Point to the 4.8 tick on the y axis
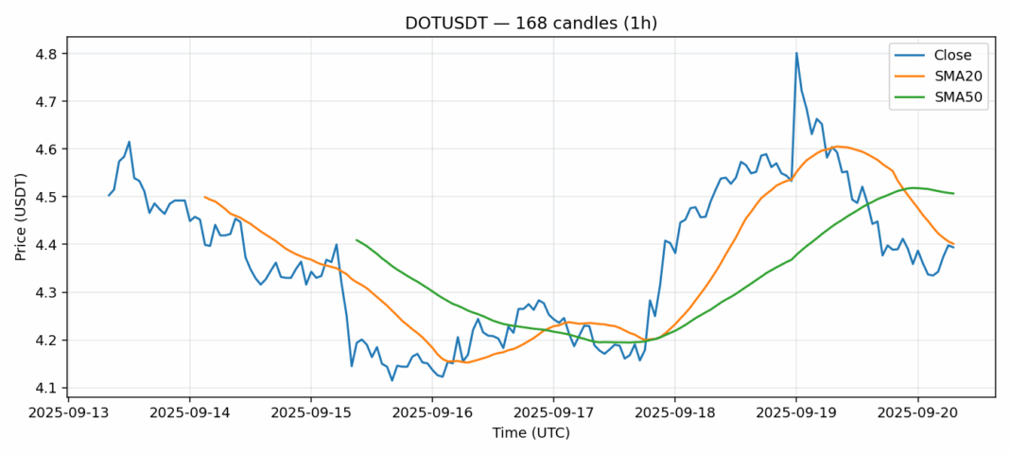click(x=46, y=54)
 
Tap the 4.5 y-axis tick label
click(x=46, y=197)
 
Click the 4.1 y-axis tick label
click(x=46, y=388)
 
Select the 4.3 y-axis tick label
click(x=46, y=292)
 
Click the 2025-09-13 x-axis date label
click(x=68, y=413)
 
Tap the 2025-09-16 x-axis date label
click(x=432, y=413)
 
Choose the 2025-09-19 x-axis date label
click(x=796, y=413)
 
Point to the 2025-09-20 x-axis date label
click(x=917, y=413)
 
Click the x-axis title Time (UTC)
click(x=531, y=433)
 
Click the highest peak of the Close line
click(x=796, y=53)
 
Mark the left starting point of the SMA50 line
click(x=357, y=240)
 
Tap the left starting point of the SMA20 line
click(x=205, y=197)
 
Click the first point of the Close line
click(x=109, y=195)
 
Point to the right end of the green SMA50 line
click(x=953, y=194)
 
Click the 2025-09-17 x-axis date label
click(x=553, y=413)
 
